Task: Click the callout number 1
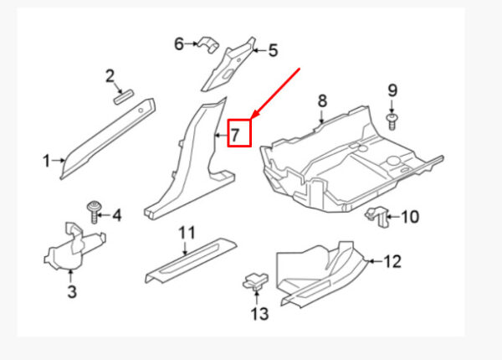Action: tap(46, 161)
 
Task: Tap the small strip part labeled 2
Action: tap(124, 97)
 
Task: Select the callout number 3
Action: tap(72, 291)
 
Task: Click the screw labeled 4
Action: tap(94, 212)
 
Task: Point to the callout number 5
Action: tap(273, 50)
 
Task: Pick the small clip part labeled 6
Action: tap(208, 44)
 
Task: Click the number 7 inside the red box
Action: tap(235, 135)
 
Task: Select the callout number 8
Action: tap(322, 100)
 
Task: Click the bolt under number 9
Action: tap(392, 121)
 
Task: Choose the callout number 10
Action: tap(410, 217)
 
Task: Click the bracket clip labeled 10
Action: tap(378, 217)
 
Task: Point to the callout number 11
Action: tap(187, 233)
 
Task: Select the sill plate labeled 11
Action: tap(191, 260)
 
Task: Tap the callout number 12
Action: tap(392, 261)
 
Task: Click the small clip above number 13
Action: tap(255, 280)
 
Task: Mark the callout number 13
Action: tap(259, 314)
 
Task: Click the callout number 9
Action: tap(392, 90)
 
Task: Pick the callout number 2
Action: tap(110, 76)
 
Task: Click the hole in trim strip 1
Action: tap(141, 111)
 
